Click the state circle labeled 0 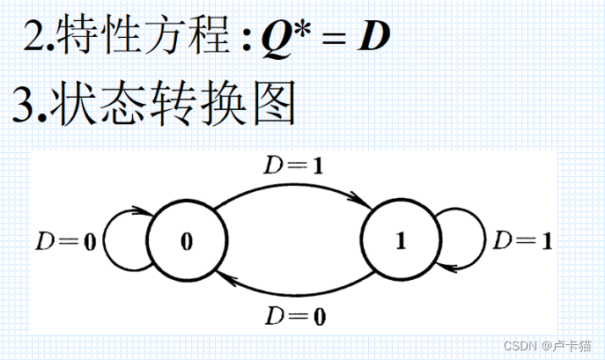point(186,240)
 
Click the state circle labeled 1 point(401,240)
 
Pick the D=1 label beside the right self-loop point(522,240)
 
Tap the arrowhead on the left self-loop point(141,211)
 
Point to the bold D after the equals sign point(372,37)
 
